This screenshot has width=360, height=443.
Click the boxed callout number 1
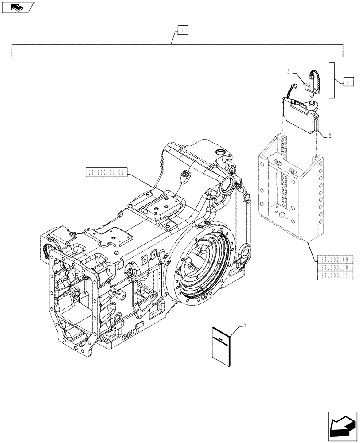[183, 30]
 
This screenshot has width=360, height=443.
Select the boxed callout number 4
[349, 81]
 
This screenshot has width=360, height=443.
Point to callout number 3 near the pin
[288, 71]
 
